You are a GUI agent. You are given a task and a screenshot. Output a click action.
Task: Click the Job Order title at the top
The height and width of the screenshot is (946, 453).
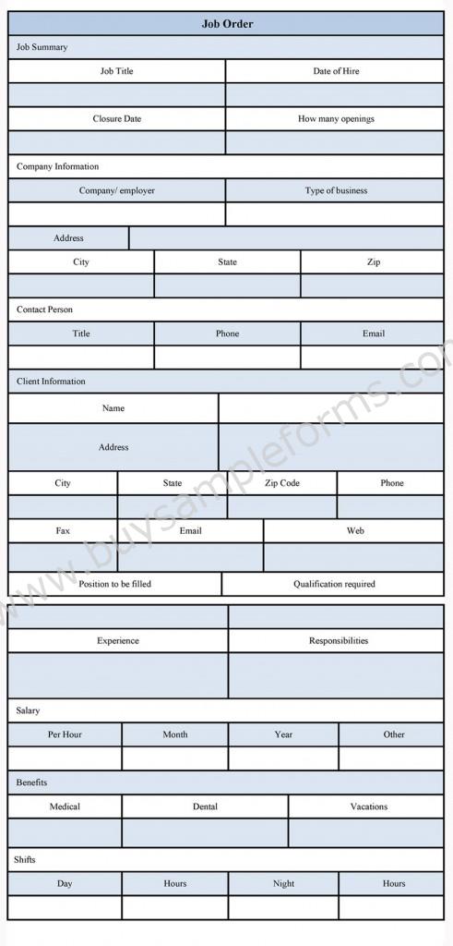227,23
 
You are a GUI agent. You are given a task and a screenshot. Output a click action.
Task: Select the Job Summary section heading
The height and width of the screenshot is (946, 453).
42,47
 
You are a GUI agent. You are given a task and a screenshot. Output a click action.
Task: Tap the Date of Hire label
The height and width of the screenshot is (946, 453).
336,71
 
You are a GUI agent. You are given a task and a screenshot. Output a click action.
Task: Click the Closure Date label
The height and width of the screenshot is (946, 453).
117,119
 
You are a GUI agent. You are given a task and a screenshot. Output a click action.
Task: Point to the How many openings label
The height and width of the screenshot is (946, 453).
336,119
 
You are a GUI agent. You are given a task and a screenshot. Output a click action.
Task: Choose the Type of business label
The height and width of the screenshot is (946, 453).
336,190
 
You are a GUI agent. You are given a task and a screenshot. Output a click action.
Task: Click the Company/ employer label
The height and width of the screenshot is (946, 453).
117,190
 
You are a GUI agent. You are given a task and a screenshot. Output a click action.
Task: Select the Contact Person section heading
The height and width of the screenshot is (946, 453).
44,309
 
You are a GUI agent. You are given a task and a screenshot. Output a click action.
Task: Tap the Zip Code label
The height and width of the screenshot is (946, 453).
282,483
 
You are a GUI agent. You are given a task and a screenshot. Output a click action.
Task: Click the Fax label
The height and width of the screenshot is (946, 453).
63,531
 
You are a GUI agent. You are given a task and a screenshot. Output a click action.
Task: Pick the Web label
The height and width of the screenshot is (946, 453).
355,531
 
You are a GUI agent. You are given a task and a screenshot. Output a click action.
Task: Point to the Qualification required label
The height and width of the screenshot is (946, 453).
335,584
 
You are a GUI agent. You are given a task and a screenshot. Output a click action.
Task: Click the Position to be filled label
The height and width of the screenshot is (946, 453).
115,584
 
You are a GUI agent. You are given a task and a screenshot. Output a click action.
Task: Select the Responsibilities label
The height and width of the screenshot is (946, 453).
339,640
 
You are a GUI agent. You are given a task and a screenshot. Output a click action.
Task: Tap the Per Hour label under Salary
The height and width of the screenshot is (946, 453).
65,734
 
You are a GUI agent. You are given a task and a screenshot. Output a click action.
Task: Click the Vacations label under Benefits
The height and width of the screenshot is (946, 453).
368,807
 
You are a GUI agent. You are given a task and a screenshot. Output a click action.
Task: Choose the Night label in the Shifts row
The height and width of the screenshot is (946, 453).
283,883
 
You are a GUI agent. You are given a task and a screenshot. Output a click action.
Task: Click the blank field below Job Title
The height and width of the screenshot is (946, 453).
117,95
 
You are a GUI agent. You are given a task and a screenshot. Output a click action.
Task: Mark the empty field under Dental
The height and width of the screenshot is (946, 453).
205,832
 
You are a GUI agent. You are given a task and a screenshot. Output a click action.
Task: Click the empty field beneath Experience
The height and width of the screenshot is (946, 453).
117,675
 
